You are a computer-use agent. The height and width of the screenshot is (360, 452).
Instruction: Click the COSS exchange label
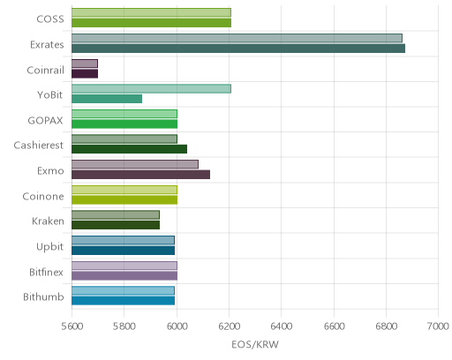[50, 19]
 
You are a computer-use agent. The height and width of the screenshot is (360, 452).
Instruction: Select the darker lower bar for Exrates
[238, 49]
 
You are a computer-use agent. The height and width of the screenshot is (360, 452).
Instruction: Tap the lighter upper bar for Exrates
[237, 38]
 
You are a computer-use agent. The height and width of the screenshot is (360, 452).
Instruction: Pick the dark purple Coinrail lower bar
[85, 74]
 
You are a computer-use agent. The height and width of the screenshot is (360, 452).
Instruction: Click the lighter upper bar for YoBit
[151, 89]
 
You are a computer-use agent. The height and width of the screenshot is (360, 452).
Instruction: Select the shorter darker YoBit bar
[107, 99]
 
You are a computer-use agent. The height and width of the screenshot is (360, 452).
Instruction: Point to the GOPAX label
[45, 121]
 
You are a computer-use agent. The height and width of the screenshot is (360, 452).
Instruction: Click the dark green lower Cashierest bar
[129, 149]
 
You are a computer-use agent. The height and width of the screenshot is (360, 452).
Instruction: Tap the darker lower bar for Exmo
[140, 175]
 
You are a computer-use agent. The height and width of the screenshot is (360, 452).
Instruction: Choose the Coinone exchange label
[43, 197]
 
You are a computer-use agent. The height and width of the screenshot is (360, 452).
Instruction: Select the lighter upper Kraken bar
[116, 215]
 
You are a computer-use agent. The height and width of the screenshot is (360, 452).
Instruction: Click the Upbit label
[49, 247]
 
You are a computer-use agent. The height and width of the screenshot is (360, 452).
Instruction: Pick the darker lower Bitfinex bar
[124, 276]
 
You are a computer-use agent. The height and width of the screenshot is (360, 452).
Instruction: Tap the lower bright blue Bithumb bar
[123, 301]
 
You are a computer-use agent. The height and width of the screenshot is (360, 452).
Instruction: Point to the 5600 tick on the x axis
[72, 326]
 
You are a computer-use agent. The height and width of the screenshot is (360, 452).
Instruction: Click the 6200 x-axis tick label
[230, 326]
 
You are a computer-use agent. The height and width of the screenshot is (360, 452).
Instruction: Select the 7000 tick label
[438, 326]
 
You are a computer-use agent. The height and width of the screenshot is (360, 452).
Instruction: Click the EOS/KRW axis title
[255, 345]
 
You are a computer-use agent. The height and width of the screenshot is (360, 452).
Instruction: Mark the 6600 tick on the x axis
[334, 326]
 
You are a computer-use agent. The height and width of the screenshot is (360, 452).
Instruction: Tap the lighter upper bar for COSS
[151, 12]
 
